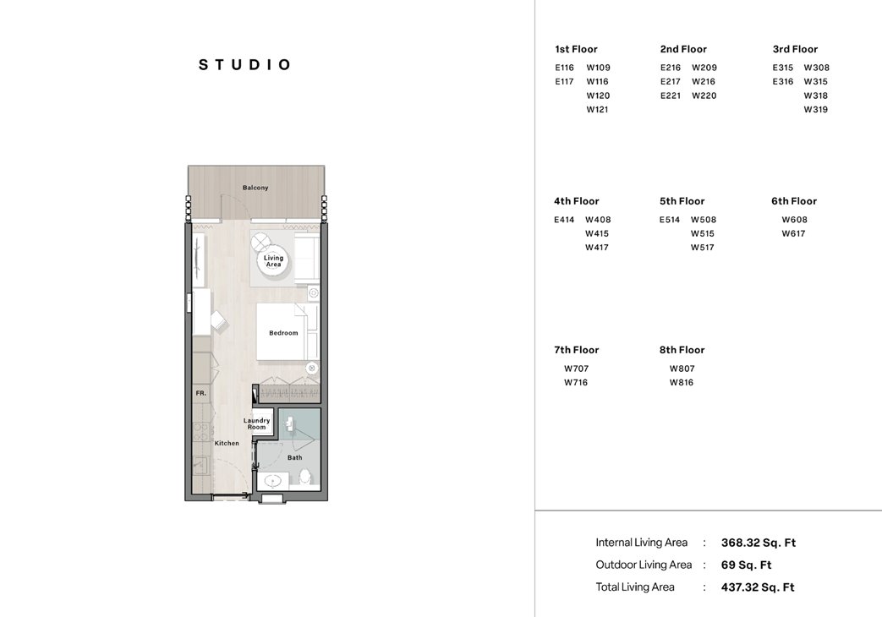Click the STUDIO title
[245, 65]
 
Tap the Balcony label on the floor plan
[255, 188]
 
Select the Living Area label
[273, 261]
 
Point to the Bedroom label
[283, 333]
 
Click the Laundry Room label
[256, 423]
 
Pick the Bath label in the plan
[294, 458]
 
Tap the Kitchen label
[226, 443]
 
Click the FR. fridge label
[200, 394]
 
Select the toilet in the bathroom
[305, 478]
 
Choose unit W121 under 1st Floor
[598, 110]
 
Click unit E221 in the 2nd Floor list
[671, 96]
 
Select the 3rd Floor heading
[795, 49]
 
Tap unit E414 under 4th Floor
[564, 220]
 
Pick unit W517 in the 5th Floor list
[702, 248]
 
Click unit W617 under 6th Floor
[793, 234]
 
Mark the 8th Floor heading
[682, 350]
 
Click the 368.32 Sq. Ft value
[758, 543]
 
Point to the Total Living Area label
[635, 587]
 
